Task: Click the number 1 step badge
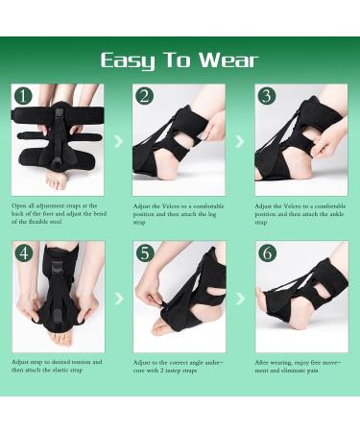tap(23, 96)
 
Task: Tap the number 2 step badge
tap(144, 96)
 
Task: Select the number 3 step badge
tap(266, 96)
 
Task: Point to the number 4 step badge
tap(23, 254)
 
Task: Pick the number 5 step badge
tap(144, 254)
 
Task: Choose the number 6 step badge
tap(266, 254)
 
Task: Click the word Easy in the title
tap(128, 60)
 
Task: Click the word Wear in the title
tap(229, 60)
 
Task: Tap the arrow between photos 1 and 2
tap(118, 141)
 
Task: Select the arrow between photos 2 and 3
tap(240, 141)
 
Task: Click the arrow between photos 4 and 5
tap(118, 299)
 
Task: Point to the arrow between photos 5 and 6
tap(240, 299)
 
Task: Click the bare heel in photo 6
tap(272, 322)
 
